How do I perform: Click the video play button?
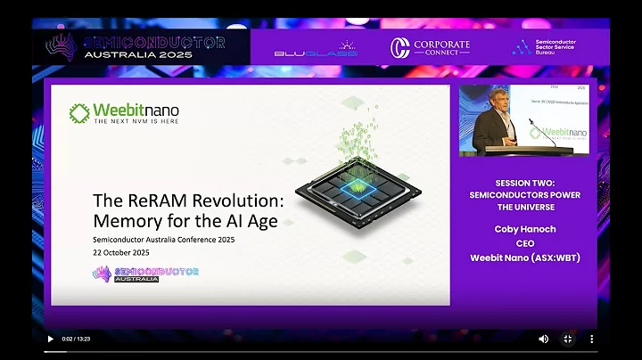click(50, 339)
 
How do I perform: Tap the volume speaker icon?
click(544, 339)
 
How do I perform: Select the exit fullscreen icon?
click(567, 339)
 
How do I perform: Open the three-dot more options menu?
click(591, 339)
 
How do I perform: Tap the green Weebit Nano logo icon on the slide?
click(79, 112)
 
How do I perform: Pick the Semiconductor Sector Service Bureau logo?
click(545, 47)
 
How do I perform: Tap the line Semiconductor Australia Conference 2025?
click(165, 239)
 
